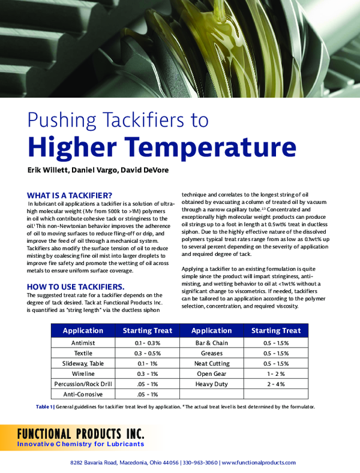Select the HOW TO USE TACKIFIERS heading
(76, 286)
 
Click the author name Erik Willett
(49, 170)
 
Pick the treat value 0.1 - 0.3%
(148, 342)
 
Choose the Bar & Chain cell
(212, 342)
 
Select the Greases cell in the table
(212, 353)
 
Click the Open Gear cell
(212, 373)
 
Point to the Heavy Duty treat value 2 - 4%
(276, 384)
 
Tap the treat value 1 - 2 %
(276, 373)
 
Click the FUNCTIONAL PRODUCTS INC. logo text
(77, 433)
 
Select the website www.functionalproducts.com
(258, 463)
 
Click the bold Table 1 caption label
(44, 407)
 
